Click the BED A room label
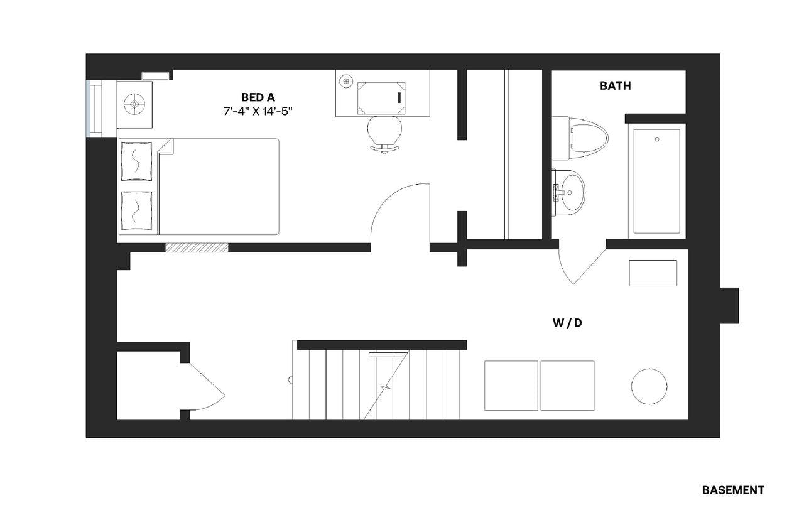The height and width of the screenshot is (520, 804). [x=258, y=97]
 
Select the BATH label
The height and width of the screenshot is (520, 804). [x=615, y=86]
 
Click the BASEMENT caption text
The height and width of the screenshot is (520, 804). [x=732, y=490]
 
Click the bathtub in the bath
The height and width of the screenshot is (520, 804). [x=656, y=181]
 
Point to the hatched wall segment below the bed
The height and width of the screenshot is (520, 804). [x=197, y=247]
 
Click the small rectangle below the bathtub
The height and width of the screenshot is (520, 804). [x=653, y=273]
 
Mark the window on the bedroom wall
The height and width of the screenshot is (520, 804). [x=93, y=108]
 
